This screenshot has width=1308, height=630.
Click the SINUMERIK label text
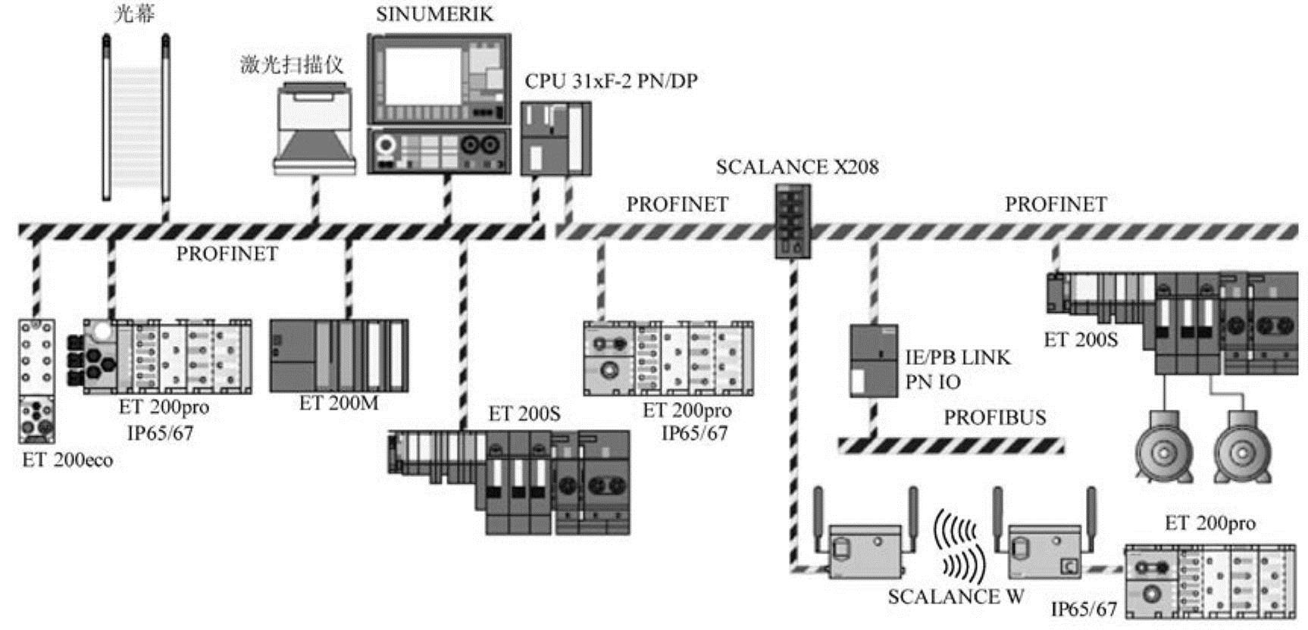click(434, 14)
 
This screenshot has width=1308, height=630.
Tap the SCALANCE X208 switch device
click(791, 223)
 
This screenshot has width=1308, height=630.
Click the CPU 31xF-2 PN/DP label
click(611, 81)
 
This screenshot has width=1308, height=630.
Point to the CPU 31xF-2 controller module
click(555, 139)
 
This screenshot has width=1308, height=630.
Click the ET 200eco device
click(37, 380)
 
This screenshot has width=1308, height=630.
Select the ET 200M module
click(339, 355)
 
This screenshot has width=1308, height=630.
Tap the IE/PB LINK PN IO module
click(873, 361)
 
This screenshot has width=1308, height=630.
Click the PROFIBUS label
click(994, 417)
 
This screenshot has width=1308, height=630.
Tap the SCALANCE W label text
click(956, 597)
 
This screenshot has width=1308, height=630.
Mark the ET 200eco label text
click(67, 460)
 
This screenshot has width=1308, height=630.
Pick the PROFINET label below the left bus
click(227, 254)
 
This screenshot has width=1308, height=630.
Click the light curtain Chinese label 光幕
click(134, 14)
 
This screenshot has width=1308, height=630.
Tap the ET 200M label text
click(338, 403)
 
